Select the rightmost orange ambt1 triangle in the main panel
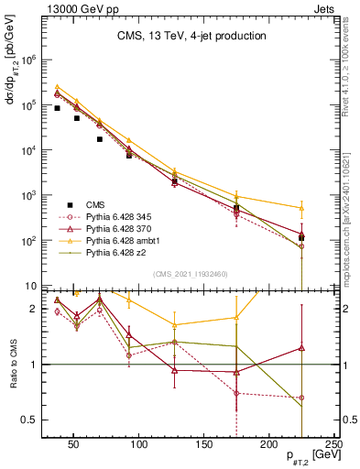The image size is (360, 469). point(301,207)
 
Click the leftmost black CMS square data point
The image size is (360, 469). point(57,108)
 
